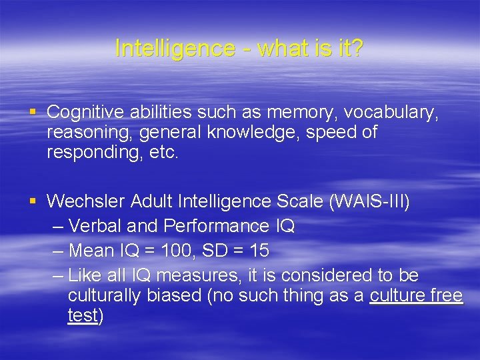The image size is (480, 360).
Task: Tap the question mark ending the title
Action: (x=357, y=48)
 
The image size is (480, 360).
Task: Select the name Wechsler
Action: (x=87, y=201)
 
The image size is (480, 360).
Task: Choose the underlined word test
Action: (x=83, y=315)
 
